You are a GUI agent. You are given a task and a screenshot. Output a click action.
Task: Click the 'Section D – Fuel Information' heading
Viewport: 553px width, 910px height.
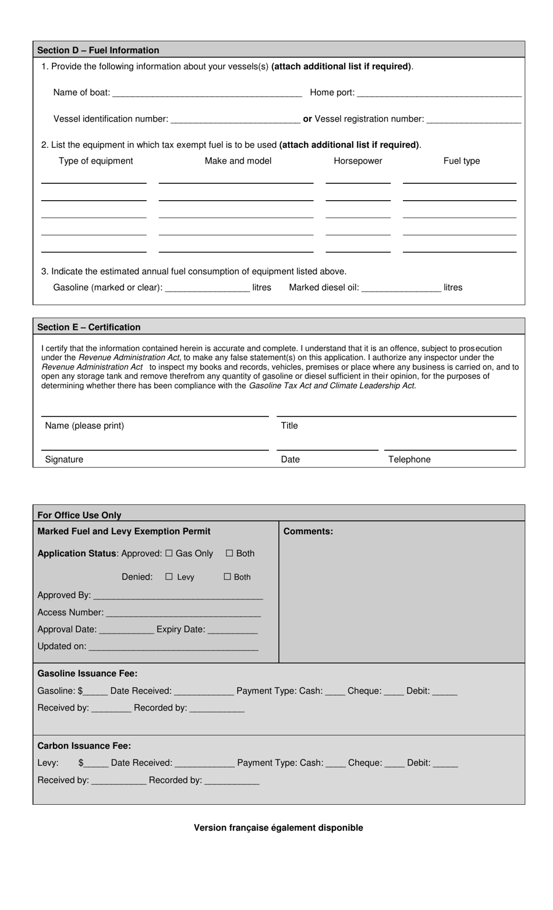tap(98, 50)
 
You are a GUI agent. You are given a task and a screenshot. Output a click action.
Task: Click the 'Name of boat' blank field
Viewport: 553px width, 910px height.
tap(207, 93)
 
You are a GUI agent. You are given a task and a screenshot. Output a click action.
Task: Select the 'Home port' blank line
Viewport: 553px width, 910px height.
tap(439, 93)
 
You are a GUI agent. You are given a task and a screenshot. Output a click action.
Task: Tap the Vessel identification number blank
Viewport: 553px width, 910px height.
tap(236, 119)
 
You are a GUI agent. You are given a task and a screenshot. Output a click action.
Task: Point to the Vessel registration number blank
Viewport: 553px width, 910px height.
tap(473, 119)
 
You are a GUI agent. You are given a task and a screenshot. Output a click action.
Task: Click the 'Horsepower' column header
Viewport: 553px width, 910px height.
tap(358, 161)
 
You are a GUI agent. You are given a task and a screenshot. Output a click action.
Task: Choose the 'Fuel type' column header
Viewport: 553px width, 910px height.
tap(462, 161)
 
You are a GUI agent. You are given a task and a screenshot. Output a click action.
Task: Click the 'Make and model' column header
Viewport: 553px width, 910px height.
tap(238, 161)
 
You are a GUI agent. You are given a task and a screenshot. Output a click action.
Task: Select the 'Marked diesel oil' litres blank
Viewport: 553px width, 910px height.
tap(401, 288)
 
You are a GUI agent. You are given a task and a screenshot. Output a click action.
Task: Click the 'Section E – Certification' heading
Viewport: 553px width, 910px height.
tap(88, 327)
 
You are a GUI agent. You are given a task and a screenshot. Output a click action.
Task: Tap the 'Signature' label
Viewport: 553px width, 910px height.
tap(64, 460)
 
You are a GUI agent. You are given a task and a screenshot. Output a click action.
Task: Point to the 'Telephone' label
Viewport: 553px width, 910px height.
tap(409, 460)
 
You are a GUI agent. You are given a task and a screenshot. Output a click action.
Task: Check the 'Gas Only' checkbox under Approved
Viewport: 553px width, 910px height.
tap(169, 553)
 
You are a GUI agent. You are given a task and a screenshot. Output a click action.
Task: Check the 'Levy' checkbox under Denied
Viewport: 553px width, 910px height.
tap(169, 577)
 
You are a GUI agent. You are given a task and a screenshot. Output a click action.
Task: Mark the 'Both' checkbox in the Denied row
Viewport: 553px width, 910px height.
tap(228, 577)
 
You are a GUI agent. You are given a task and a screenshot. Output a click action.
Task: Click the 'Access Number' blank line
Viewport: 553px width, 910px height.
tap(183, 613)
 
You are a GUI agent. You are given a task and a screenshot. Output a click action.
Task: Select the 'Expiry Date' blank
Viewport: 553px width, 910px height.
tap(232, 630)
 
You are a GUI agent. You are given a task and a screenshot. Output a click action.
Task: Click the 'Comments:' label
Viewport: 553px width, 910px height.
tap(308, 531)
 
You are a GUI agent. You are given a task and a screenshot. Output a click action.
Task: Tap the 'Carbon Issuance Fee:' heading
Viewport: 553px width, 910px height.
tap(84, 746)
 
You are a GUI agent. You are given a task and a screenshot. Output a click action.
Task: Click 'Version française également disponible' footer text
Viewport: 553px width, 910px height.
tap(278, 827)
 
